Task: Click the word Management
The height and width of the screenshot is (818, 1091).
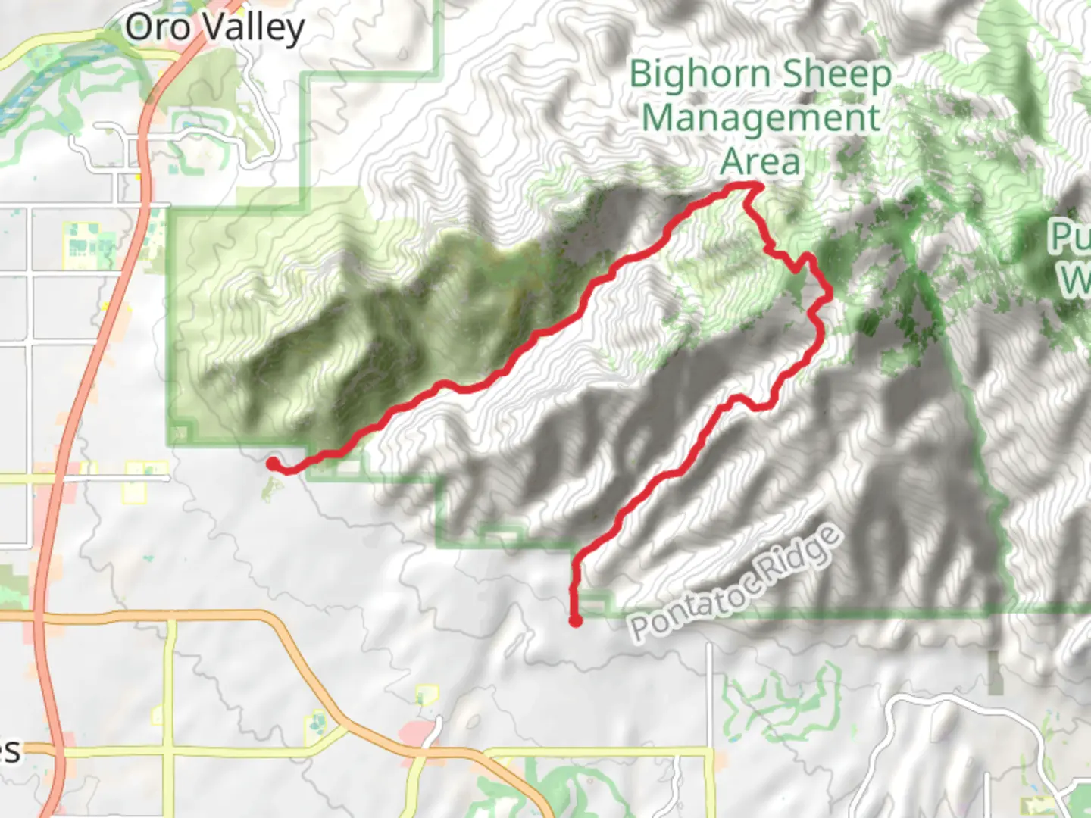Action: click(761, 118)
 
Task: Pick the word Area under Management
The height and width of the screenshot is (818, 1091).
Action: click(760, 161)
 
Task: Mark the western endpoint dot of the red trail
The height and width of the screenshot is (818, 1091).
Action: click(272, 463)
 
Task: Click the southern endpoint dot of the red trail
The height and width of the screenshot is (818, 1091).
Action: click(576, 621)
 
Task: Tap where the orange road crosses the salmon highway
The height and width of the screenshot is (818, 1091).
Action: click(39, 618)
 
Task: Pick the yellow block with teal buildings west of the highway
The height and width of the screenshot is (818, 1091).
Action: click(83, 244)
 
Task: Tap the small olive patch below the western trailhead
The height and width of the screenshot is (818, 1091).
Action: click(267, 491)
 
